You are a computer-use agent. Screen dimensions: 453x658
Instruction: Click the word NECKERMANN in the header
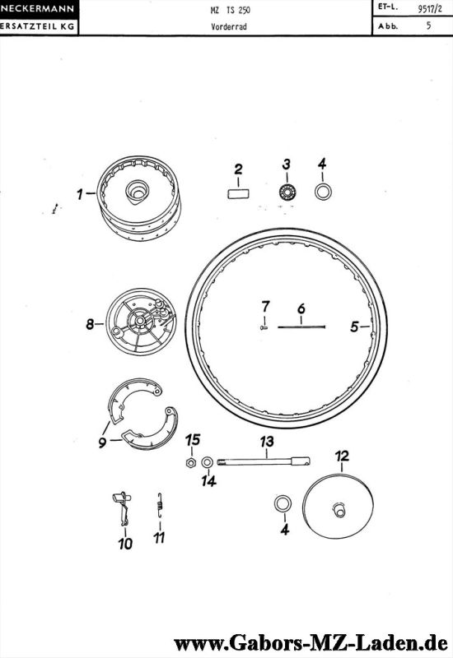click(37, 8)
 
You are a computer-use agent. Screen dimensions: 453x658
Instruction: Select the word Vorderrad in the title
click(229, 26)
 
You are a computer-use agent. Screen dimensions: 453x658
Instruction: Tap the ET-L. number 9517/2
click(429, 9)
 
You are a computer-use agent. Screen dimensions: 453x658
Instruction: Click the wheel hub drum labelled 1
click(138, 198)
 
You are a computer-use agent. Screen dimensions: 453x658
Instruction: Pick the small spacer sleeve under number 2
click(238, 194)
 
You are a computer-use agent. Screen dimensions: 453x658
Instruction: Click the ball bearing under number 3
click(287, 192)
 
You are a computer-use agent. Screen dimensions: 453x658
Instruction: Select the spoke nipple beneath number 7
click(264, 327)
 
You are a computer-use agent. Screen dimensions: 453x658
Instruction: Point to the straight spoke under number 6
click(301, 327)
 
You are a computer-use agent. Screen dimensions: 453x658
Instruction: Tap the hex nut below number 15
click(190, 463)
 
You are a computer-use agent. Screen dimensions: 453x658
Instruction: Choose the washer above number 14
click(208, 462)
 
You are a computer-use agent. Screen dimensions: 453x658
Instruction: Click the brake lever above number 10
click(122, 507)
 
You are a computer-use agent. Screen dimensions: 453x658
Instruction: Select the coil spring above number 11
click(160, 506)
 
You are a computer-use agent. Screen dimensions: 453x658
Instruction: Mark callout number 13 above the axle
click(267, 442)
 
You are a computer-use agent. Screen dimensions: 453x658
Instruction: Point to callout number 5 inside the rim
click(355, 327)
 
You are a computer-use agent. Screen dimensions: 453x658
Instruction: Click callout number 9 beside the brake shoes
click(102, 443)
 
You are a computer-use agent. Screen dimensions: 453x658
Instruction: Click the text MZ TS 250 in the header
click(230, 10)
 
